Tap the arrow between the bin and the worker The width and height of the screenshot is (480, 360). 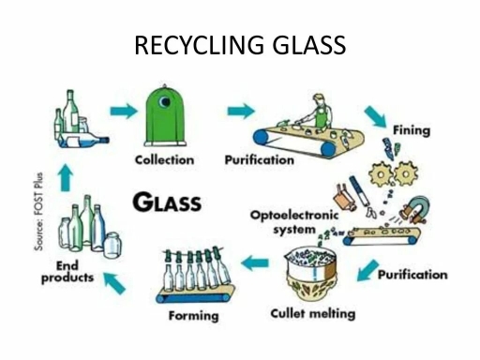coord(241,111)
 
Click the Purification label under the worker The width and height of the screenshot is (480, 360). coord(259,159)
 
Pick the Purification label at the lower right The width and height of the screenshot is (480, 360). coord(412,276)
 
